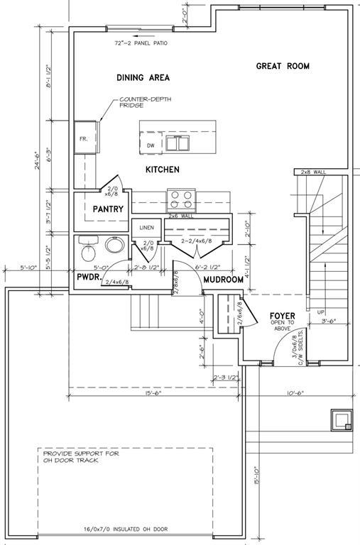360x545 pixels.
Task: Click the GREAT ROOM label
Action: [283, 66]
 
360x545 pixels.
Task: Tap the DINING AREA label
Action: [143, 77]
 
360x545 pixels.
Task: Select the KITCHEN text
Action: [163, 170]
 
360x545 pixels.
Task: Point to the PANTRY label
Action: [108, 209]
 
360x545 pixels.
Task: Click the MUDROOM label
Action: [223, 280]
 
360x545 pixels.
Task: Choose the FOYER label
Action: [283, 316]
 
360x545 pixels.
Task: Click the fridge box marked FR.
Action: [85, 137]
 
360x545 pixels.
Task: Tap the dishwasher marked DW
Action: [151, 143]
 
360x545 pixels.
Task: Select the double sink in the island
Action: [178, 143]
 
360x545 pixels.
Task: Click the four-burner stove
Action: [182, 200]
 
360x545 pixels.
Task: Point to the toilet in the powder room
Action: [88, 248]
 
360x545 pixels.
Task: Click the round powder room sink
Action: [115, 245]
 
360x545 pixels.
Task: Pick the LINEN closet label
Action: [146, 228]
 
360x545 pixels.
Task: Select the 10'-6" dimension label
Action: [295, 392]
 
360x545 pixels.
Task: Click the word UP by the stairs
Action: [321, 312]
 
